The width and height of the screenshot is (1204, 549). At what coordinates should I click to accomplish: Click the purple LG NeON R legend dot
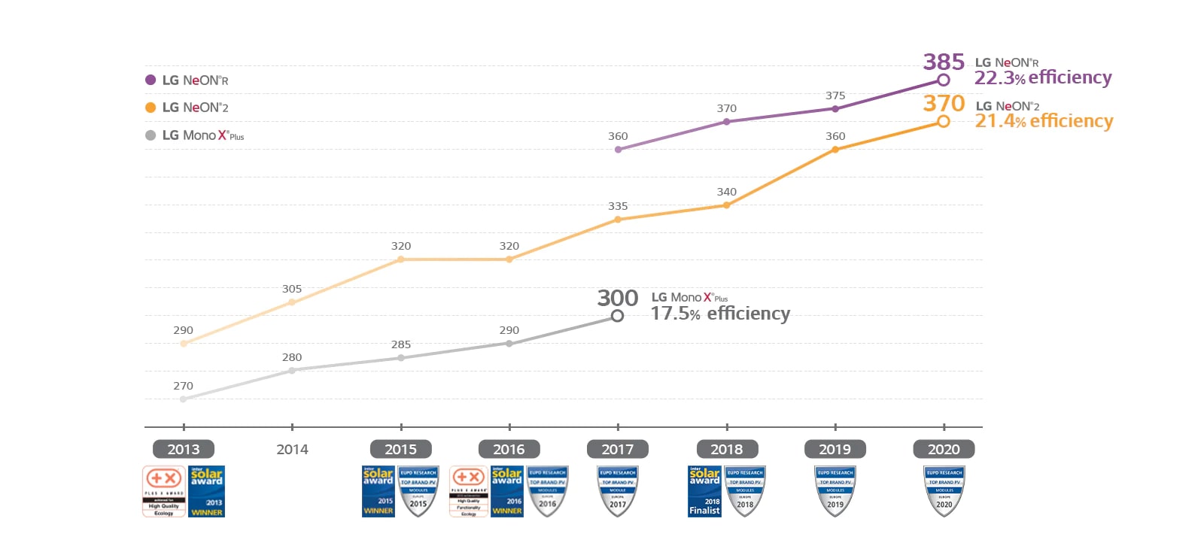coord(150,80)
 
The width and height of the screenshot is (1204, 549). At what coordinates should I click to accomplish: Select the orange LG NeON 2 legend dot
coord(150,108)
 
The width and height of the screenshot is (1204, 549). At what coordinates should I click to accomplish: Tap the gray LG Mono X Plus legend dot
coord(150,135)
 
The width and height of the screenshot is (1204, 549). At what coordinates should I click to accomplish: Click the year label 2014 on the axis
coord(292,450)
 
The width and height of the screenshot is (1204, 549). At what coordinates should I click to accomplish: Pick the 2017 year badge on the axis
coord(617,450)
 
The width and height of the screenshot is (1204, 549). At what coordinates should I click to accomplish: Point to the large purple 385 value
coord(944,62)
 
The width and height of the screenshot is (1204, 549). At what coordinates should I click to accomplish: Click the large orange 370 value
coord(944,104)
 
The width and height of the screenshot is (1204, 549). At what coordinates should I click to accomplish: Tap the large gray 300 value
coord(617,299)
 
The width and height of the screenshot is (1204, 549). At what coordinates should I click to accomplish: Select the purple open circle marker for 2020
coord(943,80)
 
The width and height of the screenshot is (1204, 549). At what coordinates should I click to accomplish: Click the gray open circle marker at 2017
coord(617,317)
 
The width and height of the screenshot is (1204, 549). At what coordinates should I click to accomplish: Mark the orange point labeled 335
coord(618,220)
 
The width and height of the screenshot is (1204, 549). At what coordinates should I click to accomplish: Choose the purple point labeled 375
coord(835,109)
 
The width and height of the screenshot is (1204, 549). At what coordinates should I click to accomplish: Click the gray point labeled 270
coord(183,399)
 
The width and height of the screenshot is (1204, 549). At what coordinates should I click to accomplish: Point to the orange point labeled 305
coord(292,302)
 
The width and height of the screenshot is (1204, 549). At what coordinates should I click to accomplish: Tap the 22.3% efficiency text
coord(1042,78)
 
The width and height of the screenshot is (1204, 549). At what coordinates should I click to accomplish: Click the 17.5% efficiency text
coord(719,314)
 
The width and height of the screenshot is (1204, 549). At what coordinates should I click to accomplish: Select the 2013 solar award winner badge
coord(206,491)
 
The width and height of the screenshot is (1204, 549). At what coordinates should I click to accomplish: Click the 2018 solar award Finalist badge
coord(704,491)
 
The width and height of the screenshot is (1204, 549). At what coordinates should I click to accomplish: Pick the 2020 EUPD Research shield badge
coord(944,491)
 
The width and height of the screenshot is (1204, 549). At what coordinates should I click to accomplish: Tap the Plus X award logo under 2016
coord(468,491)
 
